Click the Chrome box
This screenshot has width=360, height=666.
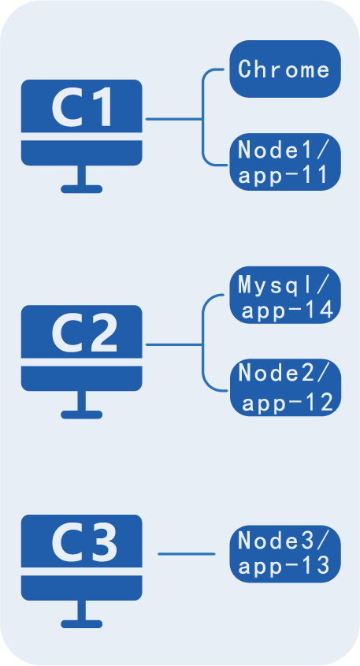click(x=285, y=69)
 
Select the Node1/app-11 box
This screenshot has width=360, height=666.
click(x=285, y=162)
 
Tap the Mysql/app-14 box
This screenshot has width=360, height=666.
click(x=285, y=296)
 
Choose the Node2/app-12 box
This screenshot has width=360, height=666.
click(x=285, y=388)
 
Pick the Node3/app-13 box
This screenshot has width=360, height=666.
click(x=285, y=553)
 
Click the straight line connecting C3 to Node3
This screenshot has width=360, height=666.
click(x=187, y=554)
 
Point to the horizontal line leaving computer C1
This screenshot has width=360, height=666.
click(x=174, y=119)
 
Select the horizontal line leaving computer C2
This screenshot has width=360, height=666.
click(x=174, y=345)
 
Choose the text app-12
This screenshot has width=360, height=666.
click(x=288, y=402)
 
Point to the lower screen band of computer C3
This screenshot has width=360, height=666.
click(x=81, y=588)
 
